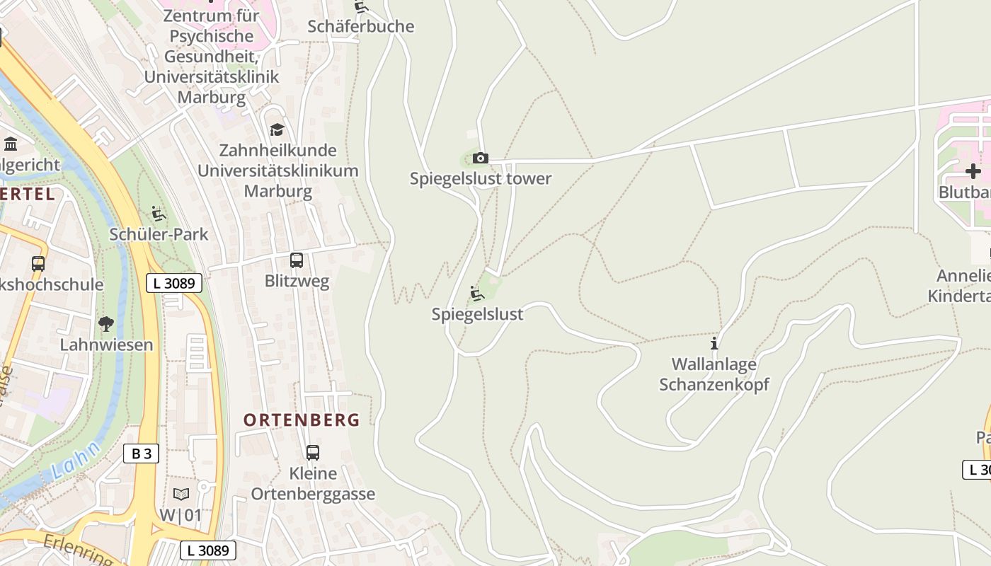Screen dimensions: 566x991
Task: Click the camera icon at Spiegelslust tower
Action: coord(480,158)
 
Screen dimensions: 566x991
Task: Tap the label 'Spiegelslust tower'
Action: coord(480,178)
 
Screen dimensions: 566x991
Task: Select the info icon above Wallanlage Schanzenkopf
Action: coord(714,343)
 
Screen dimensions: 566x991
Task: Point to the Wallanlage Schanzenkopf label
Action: coord(714,374)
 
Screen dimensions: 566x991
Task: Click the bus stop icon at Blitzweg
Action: coord(297,260)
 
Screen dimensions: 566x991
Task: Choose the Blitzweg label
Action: coord(297,281)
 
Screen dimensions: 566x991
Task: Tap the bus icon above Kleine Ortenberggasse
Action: coord(312,452)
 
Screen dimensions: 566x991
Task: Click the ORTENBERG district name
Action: coord(302,420)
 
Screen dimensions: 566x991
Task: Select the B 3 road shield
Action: coord(141,454)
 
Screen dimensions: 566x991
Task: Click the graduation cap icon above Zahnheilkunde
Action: coord(277,129)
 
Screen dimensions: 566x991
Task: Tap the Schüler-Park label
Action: coord(159,234)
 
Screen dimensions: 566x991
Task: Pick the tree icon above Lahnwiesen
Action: coord(106,324)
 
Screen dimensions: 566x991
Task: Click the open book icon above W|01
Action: coord(181,494)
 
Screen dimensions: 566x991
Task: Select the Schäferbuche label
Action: coord(360,26)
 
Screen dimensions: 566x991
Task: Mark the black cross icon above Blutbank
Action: coord(973,171)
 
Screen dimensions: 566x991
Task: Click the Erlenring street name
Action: coord(78,548)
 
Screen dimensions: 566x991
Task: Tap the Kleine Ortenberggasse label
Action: coord(313,483)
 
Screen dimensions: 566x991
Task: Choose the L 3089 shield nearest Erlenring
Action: coord(207,550)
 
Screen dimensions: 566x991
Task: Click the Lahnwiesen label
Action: coord(106,345)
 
